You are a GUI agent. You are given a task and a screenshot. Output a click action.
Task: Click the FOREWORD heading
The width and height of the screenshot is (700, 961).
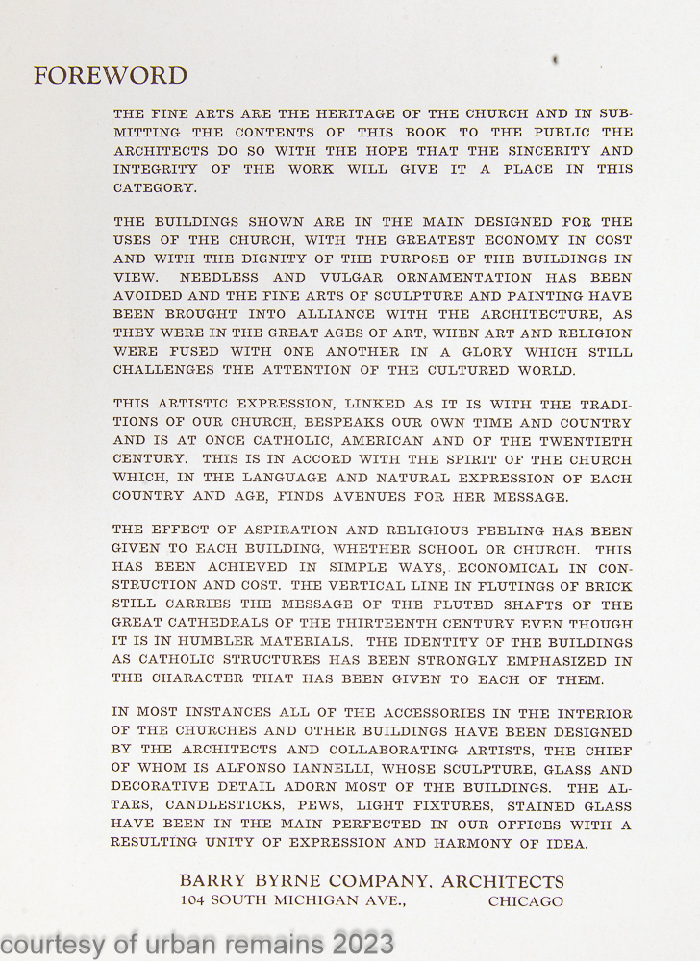(110, 76)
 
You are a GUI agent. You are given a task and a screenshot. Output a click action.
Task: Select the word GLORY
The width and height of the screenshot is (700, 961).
(450, 352)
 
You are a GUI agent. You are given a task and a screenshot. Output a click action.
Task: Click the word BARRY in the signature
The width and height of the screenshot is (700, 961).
(210, 882)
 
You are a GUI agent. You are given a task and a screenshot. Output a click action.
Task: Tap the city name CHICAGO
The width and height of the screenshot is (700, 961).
(525, 901)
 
